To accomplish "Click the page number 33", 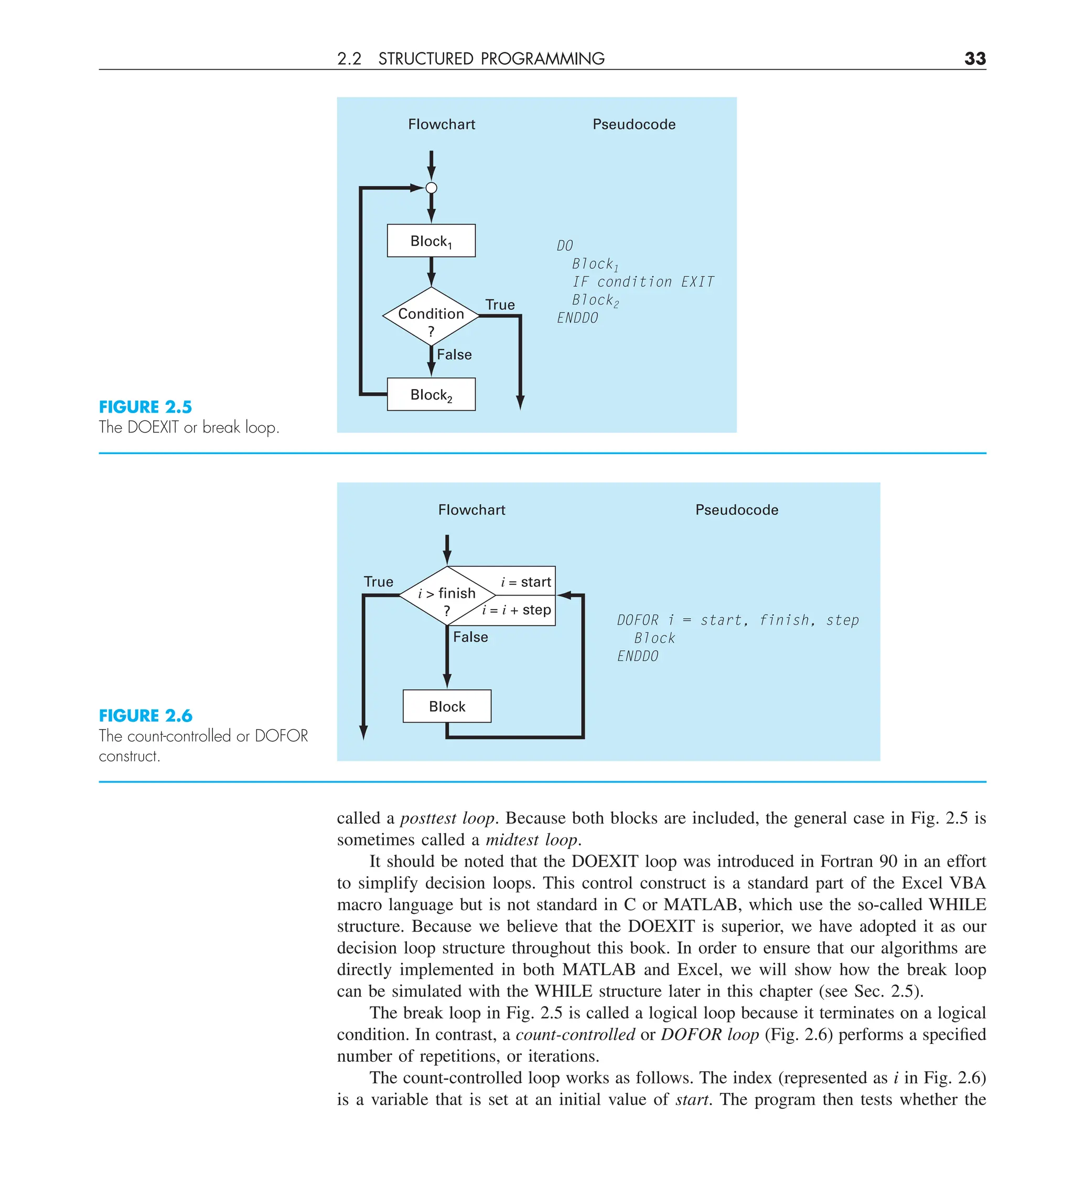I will (x=974, y=58).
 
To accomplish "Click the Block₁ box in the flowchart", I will (x=431, y=241).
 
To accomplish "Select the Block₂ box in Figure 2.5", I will (x=431, y=394).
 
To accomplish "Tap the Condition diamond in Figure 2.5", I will (x=431, y=316).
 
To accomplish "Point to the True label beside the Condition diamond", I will (x=500, y=305).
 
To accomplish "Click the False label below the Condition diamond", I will (x=454, y=355).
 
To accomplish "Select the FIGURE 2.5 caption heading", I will (x=145, y=406).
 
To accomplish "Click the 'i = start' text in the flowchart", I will (x=525, y=582).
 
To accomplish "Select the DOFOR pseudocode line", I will (x=737, y=620).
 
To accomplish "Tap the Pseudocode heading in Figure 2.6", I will (x=736, y=510).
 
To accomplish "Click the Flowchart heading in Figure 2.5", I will (x=442, y=124).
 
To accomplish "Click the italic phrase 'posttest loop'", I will (x=447, y=818).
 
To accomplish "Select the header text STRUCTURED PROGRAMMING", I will (x=491, y=59).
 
